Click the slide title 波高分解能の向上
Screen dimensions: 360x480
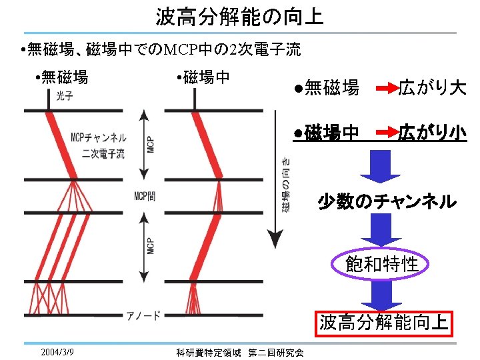(x=240, y=16)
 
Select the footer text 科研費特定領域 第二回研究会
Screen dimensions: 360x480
(x=240, y=352)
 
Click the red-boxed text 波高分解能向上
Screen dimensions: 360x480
(x=384, y=323)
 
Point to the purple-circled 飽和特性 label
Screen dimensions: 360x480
(x=382, y=264)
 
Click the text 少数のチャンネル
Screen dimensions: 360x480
(x=387, y=201)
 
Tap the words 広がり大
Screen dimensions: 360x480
(x=432, y=87)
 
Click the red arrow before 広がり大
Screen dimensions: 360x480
(x=386, y=87)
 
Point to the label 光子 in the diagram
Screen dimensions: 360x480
(x=65, y=97)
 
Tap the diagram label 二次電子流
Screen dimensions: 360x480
(x=103, y=154)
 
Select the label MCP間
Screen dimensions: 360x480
(x=145, y=196)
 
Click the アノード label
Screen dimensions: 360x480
(x=143, y=315)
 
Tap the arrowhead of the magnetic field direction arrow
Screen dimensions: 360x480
(x=272, y=240)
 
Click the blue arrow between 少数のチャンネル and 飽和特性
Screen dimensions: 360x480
(x=381, y=231)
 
